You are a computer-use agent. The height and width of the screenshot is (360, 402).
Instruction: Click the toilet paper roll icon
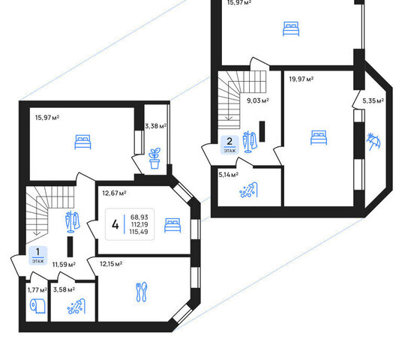[38, 306]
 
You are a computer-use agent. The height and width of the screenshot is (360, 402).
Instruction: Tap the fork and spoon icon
[141, 292]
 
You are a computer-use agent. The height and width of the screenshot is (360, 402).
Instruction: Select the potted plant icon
[154, 158]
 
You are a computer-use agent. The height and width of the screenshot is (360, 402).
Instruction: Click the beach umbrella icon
[373, 142]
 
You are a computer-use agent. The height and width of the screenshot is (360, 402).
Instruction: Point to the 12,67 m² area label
[114, 193]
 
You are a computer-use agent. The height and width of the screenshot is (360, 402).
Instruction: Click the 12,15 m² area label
[111, 263]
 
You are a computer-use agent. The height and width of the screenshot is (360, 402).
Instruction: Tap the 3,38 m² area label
[156, 126]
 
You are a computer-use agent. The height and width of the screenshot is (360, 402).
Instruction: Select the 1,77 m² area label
[37, 289]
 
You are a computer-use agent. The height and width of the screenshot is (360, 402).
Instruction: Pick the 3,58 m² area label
[64, 289]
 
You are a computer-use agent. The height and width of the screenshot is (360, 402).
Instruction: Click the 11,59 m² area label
[64, 264]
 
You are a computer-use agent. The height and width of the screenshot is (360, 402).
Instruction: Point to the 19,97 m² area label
[301, 79]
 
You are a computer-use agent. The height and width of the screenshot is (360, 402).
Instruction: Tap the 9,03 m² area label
[258, 100]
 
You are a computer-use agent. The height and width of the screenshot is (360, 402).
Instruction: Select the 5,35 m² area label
[373, 100]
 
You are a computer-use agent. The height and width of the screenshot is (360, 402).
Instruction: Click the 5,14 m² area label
[229, 175]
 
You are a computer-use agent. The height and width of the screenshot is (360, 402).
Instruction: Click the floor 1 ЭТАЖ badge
[38, 256]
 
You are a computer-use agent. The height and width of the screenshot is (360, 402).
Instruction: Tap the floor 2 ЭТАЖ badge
[229, 145]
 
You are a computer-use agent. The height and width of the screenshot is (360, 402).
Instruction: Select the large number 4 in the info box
[115, 224]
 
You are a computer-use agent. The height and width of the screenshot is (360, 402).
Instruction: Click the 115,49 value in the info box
[139, 232]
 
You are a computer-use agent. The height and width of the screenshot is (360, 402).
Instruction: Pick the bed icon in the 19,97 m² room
[319, 137]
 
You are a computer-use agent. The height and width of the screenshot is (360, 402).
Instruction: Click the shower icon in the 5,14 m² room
[248, 190]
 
